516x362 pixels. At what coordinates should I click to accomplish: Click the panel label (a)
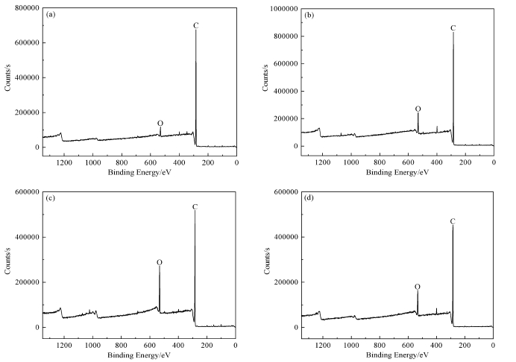tap(51, 14)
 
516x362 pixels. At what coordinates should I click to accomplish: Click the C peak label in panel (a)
tap(196, 25)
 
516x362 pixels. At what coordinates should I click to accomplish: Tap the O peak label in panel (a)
tap(160, 123)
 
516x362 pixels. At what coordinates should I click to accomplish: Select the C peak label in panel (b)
tap(453, 28)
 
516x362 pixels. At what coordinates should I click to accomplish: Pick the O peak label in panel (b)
tap(418, 109)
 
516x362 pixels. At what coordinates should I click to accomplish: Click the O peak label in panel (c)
tap(159, 262)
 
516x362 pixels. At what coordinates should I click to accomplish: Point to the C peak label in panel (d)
tap(452, 221)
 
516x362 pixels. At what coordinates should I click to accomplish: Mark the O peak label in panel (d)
tap(417, 286)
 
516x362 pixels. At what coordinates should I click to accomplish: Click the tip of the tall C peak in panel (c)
tap(195, 211)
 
